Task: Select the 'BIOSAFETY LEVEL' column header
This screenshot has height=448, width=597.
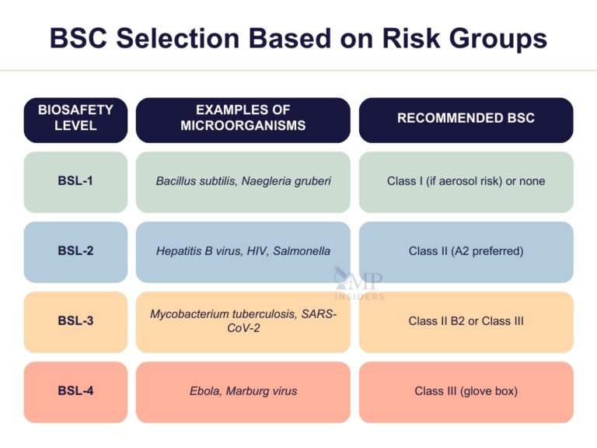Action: pos(75,119)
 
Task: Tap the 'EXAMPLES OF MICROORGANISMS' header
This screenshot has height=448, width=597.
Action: pos(243,119)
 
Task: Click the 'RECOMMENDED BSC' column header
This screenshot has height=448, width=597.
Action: pos(466,119)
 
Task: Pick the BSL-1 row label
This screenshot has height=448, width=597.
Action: pos(75,181)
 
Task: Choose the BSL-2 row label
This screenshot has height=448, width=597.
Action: pos(75,251)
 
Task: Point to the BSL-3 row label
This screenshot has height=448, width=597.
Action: pos(75,321)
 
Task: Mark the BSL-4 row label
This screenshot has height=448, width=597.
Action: pos(75,391)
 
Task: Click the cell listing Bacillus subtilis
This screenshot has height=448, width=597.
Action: pos(243,181)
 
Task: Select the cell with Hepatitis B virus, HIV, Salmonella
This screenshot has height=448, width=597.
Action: pos(243,251)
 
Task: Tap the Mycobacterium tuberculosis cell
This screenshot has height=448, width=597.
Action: pos(243,320)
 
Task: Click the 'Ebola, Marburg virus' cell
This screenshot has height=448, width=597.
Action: pos(243,391)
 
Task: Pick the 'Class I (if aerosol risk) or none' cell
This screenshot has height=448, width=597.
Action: pos(466,181)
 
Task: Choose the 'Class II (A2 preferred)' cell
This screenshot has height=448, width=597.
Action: pos(466,251)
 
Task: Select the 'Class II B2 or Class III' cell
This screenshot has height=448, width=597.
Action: pos(466,321)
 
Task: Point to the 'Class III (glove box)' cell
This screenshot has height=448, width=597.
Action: pos(466,391)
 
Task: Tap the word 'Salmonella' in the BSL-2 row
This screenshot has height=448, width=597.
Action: pos(302,251)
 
